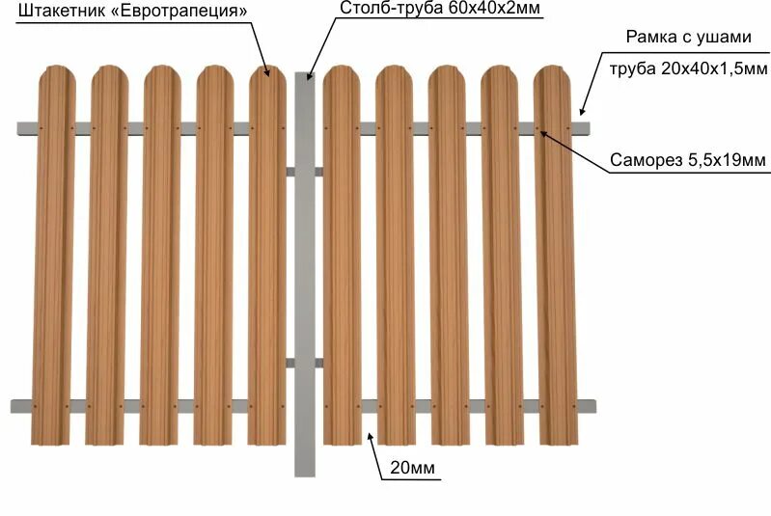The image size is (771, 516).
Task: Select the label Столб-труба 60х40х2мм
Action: (440, 10)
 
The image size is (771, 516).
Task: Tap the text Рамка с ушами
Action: (686, 39)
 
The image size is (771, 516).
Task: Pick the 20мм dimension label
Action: (412, 470)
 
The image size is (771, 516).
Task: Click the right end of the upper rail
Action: (586, 127)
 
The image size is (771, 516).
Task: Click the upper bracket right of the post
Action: (319, 172)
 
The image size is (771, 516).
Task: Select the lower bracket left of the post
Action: (291, 363)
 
